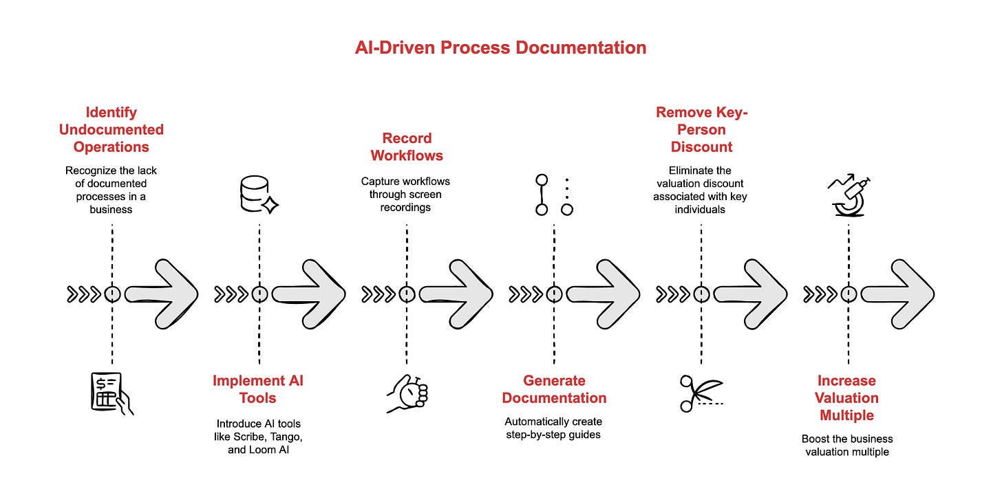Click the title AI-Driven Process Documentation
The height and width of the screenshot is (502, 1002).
click(500, 47)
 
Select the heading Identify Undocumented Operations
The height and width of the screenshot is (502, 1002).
click(111, 129)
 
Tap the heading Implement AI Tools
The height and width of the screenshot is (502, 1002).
click(258, 389)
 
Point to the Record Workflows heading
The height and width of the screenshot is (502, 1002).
click(406, 146)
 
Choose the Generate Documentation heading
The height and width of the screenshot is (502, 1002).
click(554, 389)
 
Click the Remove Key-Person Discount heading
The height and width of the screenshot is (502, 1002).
click(701, 129)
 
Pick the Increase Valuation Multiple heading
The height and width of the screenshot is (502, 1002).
click(846, 397)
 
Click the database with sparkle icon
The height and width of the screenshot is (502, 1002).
click(259, 195)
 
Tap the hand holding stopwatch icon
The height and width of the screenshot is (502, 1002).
click(407, 394)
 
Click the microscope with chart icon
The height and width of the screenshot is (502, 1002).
click(849, 196)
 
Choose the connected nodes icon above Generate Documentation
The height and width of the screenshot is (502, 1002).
click(554, 195)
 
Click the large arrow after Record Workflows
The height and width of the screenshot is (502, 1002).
click(456, 294)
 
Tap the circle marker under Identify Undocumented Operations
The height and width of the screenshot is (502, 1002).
click(112, 294)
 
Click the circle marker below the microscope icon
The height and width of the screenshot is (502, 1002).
click(849, 294)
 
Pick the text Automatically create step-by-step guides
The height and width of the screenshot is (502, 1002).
click(553, 428)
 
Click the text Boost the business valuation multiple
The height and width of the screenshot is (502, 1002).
click(846, 445)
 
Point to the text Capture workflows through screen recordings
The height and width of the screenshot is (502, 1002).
click(405, 194)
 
